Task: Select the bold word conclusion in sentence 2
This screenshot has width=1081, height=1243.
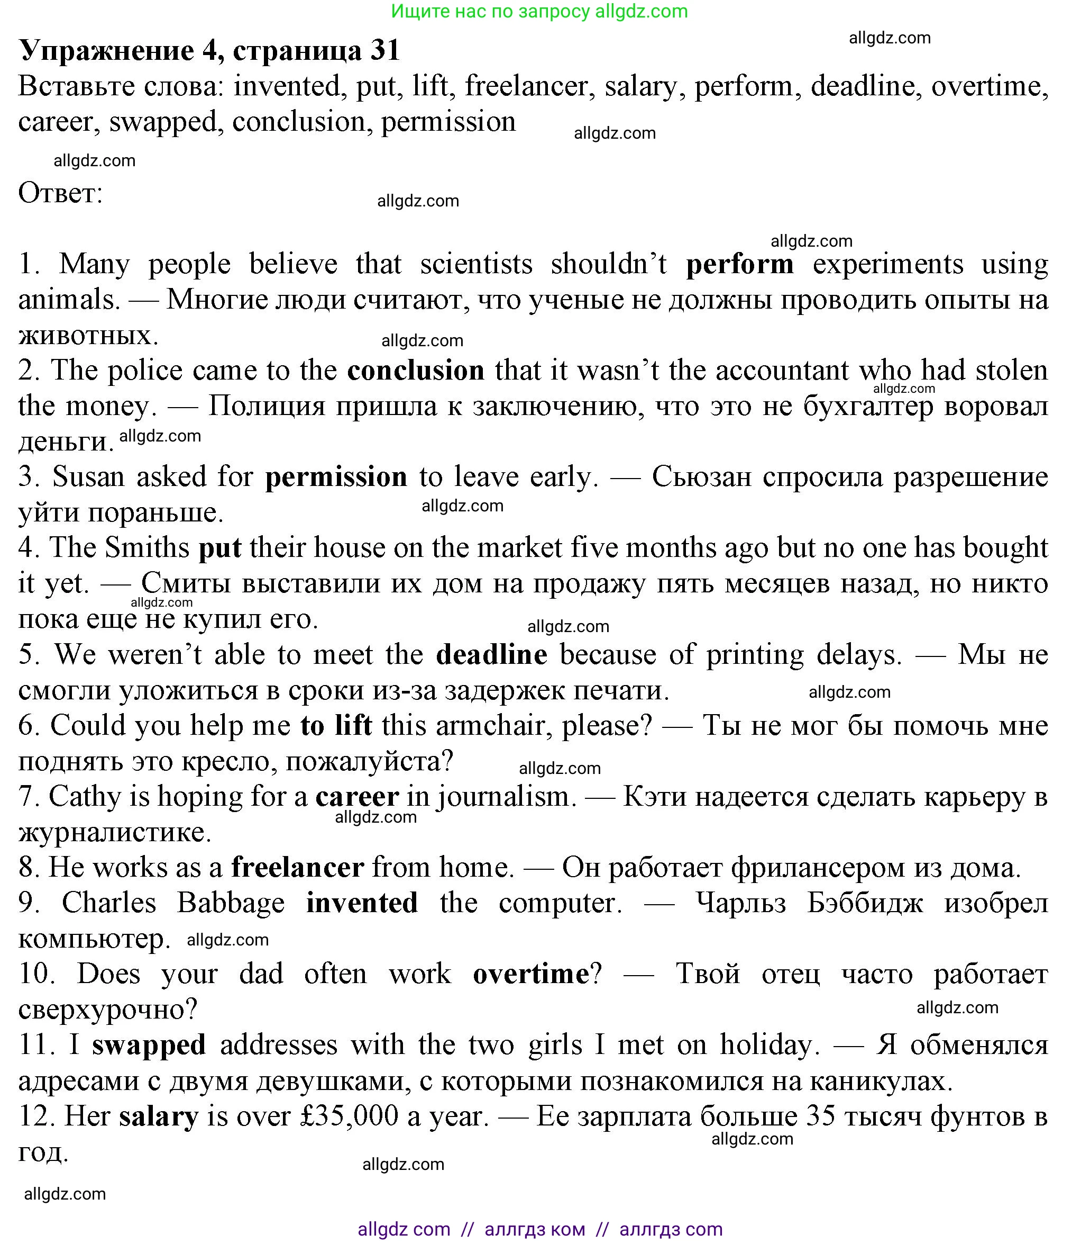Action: [416, 371]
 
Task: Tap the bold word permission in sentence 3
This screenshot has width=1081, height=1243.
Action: [336, 477]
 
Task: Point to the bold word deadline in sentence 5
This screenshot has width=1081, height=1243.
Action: [492, 654]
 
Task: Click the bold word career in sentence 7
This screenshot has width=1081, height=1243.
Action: [357, 797]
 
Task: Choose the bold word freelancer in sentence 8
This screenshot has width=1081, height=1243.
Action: [297, 868]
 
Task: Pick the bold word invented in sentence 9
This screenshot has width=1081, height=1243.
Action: [362, 903]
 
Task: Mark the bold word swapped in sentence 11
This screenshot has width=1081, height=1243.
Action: [149, 1045]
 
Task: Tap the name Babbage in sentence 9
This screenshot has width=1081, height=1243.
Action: [231, 903]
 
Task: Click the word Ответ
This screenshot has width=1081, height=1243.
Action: [60, 194]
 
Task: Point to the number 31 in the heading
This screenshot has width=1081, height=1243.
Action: [385, 50]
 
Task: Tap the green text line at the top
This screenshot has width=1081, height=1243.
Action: [539, 11]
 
